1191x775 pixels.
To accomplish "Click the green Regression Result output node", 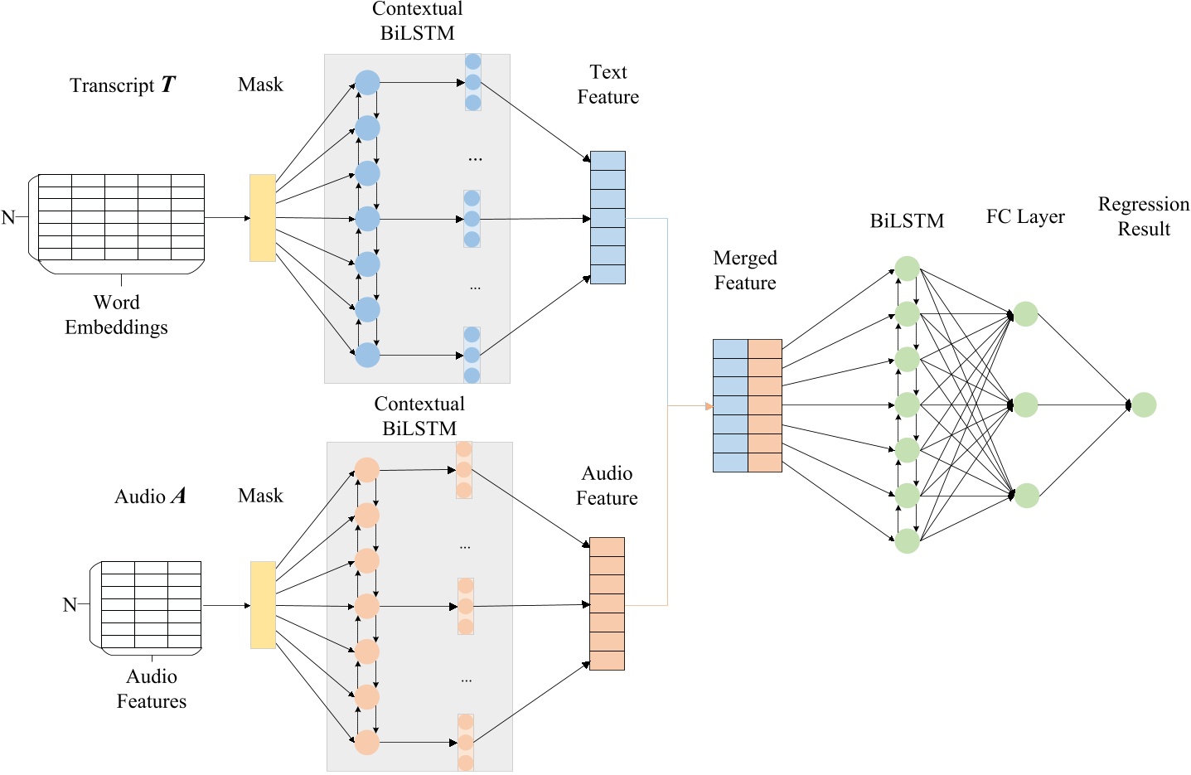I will (1144, 405).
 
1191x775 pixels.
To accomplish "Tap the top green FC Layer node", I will (1026, 314).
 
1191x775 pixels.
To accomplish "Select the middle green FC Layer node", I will (1026, 405).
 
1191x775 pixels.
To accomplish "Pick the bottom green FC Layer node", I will (1026, 496).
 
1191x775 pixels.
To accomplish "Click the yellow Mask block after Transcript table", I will (263, 218).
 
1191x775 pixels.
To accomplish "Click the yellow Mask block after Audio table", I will (263, 605).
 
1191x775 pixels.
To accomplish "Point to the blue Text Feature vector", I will (608, 218).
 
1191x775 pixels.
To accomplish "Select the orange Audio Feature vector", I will (607, 603).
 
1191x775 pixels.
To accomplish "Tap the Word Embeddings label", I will (116, 315).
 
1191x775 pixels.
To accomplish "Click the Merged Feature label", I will (745, 270).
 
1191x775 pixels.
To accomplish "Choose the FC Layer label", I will (1025, 217).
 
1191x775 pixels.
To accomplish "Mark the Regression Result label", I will (1144, 216).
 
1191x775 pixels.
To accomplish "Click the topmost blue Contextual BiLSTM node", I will (367, 83).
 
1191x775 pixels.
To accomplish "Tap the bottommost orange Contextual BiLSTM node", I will (366, 742).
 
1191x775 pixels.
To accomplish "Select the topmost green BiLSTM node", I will (908, 269).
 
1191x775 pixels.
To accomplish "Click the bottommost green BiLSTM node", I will (908, 541).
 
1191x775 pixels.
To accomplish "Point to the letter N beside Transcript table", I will (8, 218).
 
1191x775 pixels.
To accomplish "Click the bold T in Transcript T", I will (168, 85).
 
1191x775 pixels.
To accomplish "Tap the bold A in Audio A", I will (177, 496).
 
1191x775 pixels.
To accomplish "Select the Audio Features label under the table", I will (152, 689).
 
